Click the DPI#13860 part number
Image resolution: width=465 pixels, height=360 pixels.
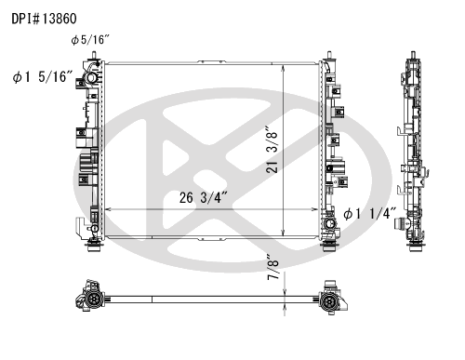[x=44, y=19]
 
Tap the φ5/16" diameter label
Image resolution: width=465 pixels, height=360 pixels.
[x=90, y=40]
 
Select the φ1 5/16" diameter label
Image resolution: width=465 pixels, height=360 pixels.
[x=43, y=77]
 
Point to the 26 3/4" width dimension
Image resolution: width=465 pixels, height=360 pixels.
[x=204, y=198]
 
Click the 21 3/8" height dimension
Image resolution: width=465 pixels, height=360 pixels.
[x=272, y=149]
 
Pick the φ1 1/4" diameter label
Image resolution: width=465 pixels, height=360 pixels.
[x=370, y=214]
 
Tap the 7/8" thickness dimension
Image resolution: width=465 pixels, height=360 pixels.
[x=272, y=267]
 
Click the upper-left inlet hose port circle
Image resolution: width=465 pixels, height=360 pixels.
[x=91, y=77]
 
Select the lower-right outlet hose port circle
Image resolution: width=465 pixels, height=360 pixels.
[x=329, y=223]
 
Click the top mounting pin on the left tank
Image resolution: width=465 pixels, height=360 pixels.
[x=93, y=55]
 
